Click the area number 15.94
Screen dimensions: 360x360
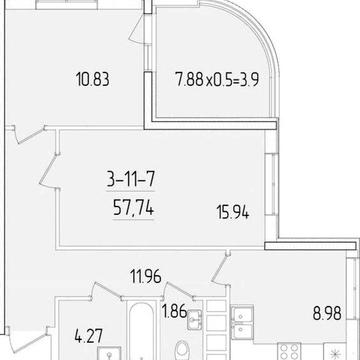230,211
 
